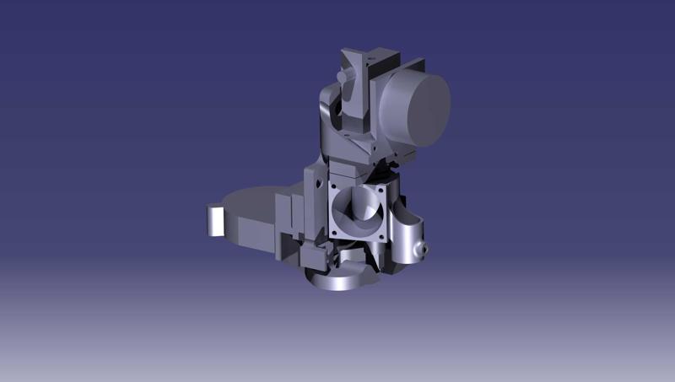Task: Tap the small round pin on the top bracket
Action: coord(342,76)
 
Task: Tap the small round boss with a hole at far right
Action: coord(424,250)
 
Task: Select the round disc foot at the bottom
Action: coord(337,279)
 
